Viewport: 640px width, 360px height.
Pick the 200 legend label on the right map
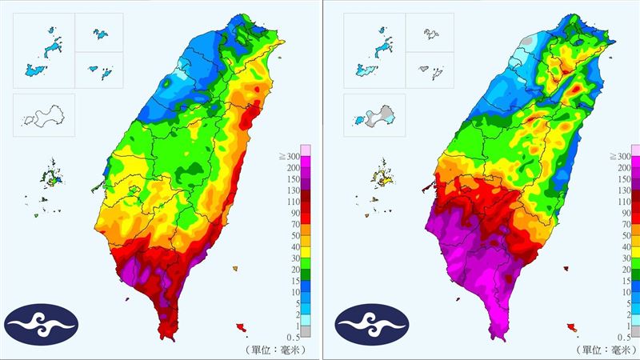tap(619, 168)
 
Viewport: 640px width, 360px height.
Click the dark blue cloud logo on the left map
tap(42, 324)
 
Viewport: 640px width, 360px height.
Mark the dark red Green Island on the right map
tap(566, 269)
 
